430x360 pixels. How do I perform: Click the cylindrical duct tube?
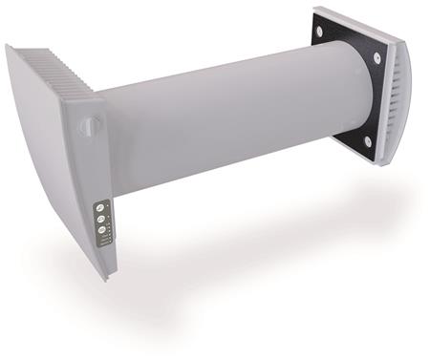tap(229, 115)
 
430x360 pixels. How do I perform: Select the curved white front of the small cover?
tap(406, 105)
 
